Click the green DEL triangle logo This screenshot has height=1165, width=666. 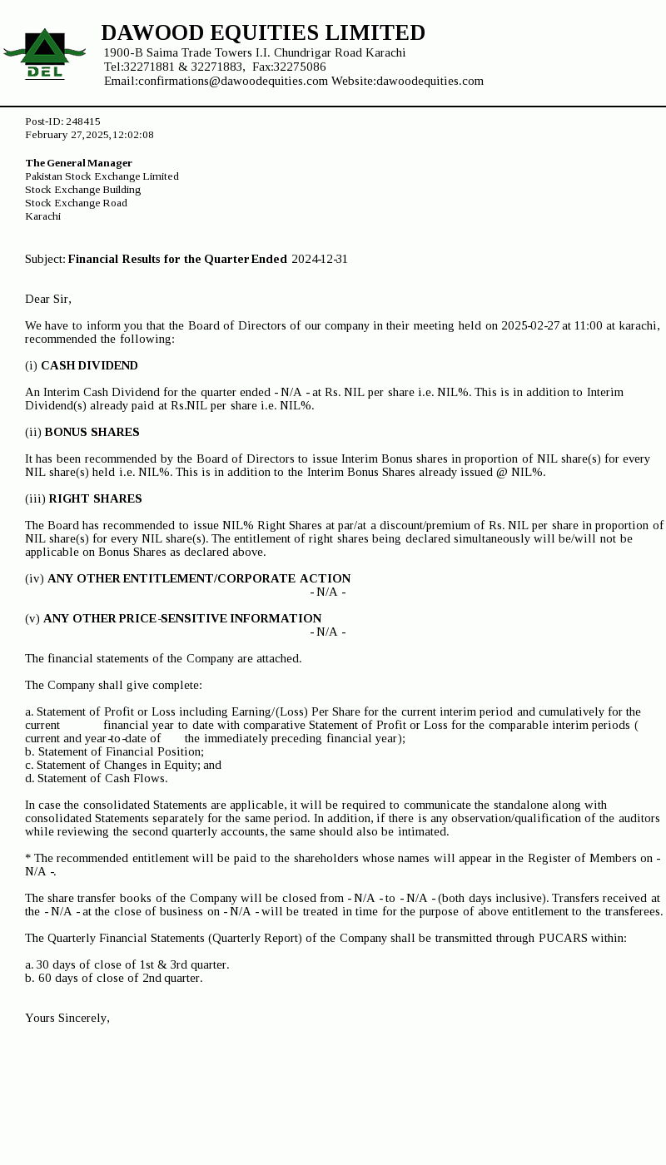(44, 52)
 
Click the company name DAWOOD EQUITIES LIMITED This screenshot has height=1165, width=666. (263, 32)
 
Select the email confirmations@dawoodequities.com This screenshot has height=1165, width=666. (233, 81)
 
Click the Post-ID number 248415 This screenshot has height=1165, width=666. (83, 121)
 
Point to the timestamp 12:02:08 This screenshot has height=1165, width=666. (133, 135)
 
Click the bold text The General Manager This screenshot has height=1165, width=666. (79, 163)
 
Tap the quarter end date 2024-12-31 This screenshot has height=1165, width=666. (320, 259)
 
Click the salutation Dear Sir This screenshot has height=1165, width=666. (48, 299)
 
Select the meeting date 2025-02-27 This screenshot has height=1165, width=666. (530, 325)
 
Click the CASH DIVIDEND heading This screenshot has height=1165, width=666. (89, 365)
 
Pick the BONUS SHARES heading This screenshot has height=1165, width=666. (92, 432)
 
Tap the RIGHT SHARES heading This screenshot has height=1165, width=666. (95, 498)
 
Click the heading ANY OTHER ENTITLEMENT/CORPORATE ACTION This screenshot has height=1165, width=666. (199, 578)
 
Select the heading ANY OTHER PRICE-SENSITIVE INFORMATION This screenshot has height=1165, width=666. (182, 618)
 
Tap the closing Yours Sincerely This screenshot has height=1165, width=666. (67, 1018)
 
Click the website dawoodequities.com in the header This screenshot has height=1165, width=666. (430, 81)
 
